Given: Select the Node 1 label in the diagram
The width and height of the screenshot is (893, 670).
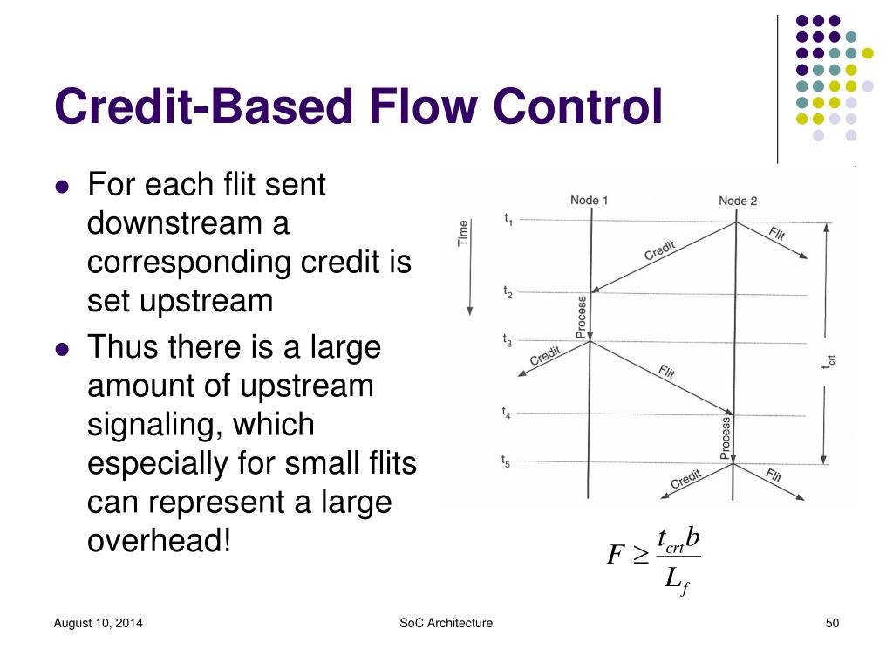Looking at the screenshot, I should click(x=589, y=201).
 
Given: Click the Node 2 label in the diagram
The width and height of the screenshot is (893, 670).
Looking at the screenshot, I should click(x=738, y=201).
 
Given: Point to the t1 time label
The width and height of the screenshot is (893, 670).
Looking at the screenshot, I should click(x=508, y=219).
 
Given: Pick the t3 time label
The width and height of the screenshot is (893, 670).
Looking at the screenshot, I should click(x=508, y=340).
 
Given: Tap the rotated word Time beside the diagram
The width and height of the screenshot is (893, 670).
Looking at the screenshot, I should click(x=463, y=232).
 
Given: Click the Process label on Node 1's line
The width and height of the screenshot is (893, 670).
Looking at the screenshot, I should click(x=582, y=316).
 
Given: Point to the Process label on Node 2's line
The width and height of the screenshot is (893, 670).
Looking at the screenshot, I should click(x=726, y=437).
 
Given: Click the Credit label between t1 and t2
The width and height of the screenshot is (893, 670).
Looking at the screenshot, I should click(x=659, y=250).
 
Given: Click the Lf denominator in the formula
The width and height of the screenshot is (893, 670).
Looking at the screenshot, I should click(x=677, y=578).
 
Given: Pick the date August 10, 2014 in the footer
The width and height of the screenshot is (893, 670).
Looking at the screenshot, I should click(x=99, y=623).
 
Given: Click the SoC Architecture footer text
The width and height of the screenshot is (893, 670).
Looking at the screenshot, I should click(x=446, y=623).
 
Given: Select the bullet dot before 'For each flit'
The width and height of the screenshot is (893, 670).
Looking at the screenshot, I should click(x=61, y=187).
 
